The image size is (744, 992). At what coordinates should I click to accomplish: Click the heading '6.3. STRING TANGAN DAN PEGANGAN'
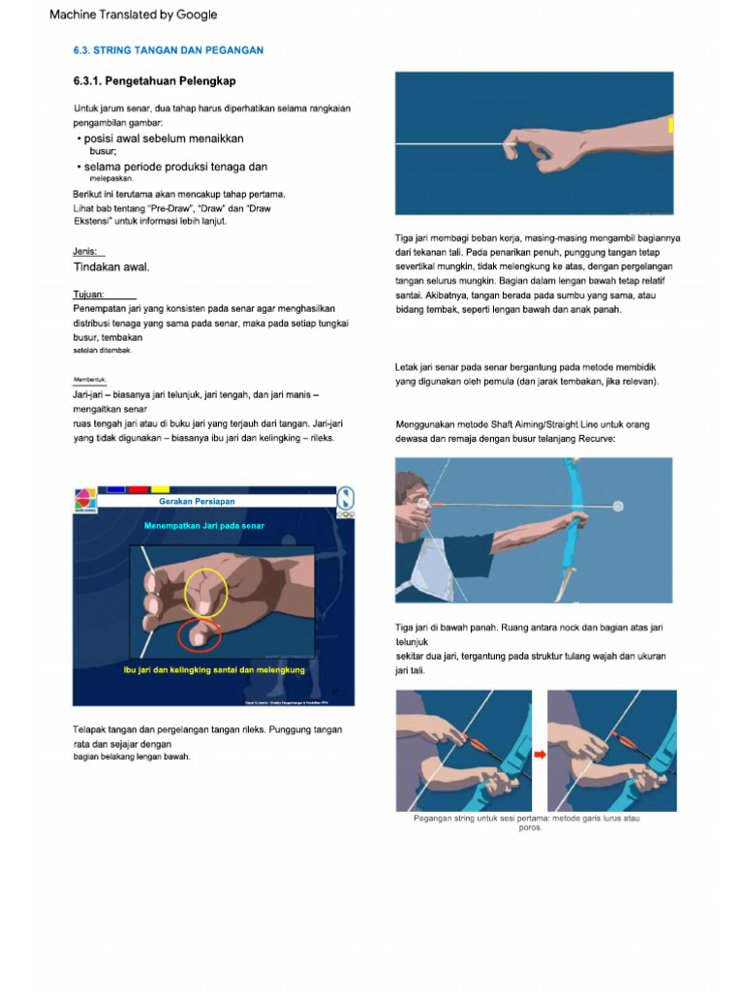pos(169,49)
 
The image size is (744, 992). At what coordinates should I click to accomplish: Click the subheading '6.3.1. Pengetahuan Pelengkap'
pos(155,80)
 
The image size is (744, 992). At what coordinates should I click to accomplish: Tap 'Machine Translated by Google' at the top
pos(134,15)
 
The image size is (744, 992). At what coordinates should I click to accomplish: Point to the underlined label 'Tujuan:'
pos(90,294)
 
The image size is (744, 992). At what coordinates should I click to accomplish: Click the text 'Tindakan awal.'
pos(112,266)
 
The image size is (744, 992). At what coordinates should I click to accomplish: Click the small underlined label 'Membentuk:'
pos(89,380)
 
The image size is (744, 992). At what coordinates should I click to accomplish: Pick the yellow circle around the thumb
pos(208,592)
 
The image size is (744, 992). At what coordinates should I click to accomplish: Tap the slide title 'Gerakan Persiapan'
pos(198,502)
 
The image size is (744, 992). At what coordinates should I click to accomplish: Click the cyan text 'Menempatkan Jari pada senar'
pos(204,526)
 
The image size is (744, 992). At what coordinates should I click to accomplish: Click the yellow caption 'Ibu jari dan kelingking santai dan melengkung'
pos(214,670)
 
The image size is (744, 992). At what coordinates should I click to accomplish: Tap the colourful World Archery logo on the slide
pos(84,499)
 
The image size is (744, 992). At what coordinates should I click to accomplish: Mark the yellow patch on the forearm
pos(670,125)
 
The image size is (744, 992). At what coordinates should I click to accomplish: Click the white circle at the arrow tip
pos(618,506)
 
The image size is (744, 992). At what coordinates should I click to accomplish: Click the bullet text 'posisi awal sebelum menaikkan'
pos(164,139)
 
